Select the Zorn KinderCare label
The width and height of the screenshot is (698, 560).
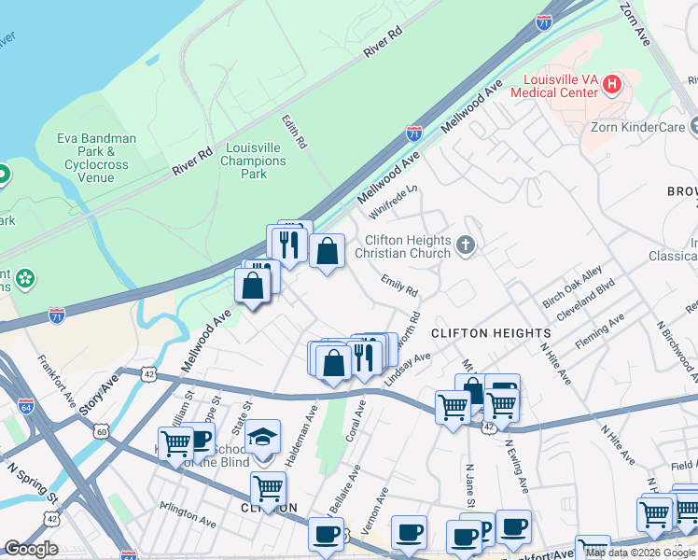(x=635, y=127)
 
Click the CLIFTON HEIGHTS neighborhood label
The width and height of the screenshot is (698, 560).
(x=491, y=333)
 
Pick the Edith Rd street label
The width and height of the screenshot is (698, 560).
(x=294, y=133)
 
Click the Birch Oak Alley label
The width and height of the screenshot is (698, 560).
(x=573, y=290)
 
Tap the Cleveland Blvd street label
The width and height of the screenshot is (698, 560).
(x=585, y=300)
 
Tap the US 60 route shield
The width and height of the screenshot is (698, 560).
(x=100, y=431)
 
